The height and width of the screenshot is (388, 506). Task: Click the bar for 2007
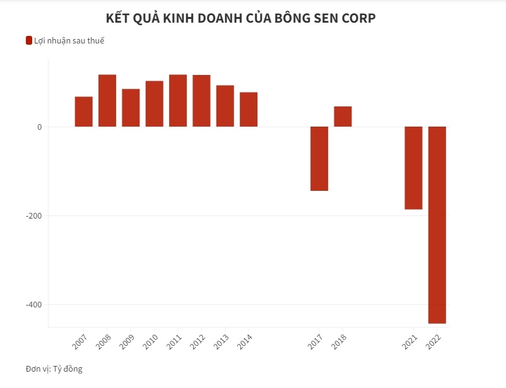click(x=84, y=111)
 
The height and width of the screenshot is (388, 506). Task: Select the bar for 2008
click(x=107, y=101)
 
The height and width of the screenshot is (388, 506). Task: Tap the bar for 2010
click(x=155, y=104)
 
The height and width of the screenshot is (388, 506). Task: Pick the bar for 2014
click(x=249, y=110)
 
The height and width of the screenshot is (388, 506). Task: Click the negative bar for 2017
click(x=319, y=159)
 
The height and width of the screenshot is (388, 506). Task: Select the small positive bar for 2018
click(x=343, y=117)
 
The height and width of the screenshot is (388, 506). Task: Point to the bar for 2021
click(x=413, y=168)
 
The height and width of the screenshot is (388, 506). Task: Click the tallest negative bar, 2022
click(x=437, y=225)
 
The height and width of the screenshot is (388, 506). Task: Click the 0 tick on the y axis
click(x=39, y=127)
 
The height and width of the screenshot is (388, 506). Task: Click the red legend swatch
click(x=28, y=41)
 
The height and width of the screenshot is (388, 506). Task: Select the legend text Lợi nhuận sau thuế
click(x=69, y=41)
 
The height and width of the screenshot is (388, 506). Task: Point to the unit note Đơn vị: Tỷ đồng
click(x=54, y=369)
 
